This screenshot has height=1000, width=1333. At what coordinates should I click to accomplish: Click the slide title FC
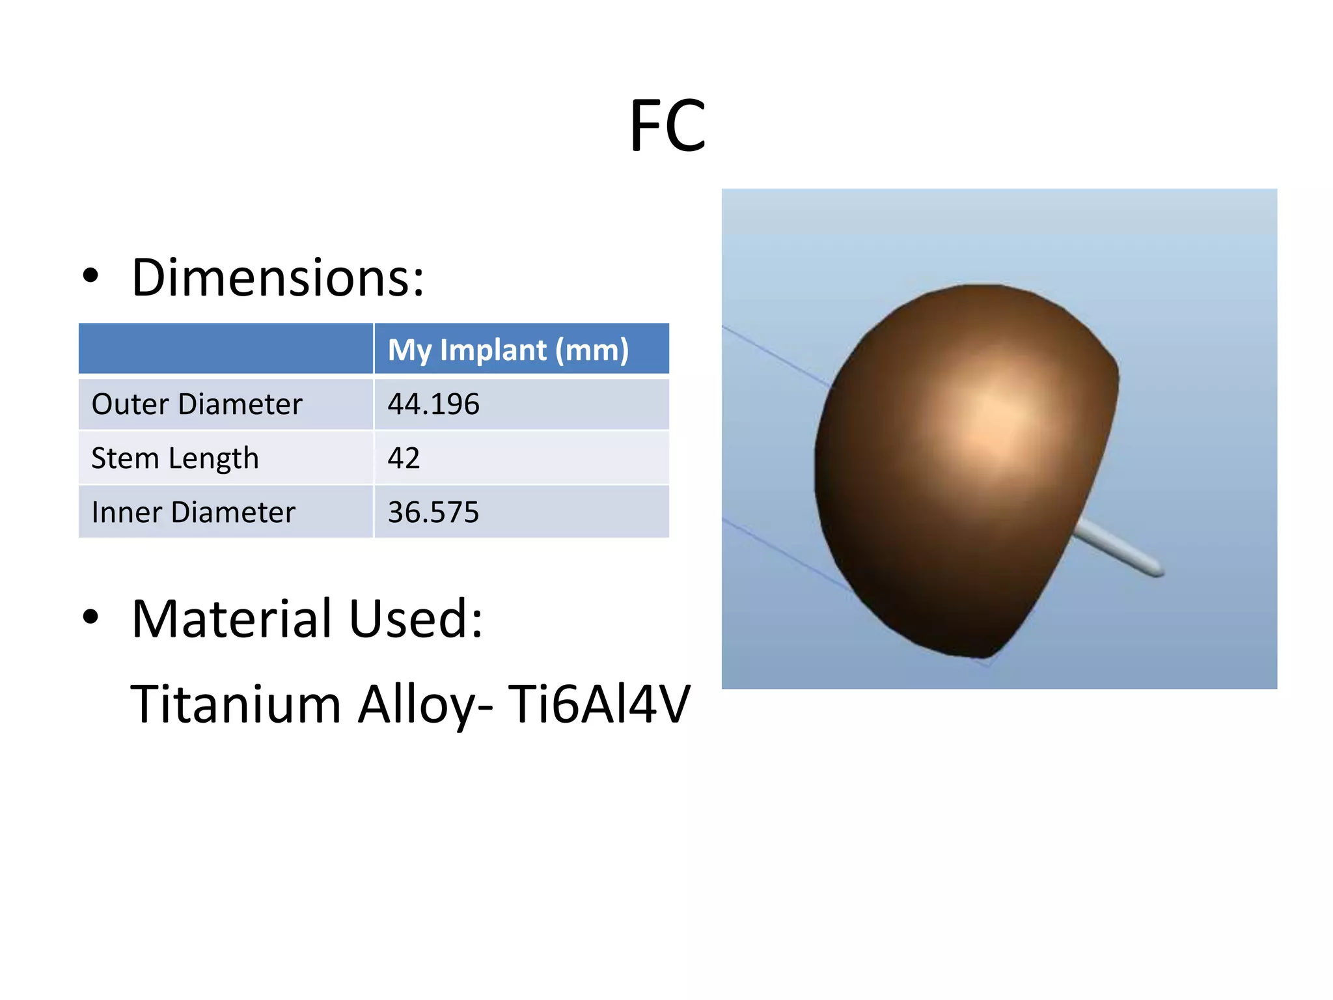[x=667, y=126]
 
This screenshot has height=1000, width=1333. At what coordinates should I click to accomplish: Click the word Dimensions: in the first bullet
[x=278, y=278]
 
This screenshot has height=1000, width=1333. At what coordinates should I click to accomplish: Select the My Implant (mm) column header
[x=508, y=350]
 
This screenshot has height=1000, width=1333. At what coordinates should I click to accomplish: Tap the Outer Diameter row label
[x=197, y=404]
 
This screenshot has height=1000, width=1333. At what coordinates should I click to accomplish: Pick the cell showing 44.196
[x=433, y=404]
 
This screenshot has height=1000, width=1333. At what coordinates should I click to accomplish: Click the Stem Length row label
[x=175, y=458]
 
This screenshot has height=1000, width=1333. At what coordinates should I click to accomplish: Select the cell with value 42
[x=404, y=458]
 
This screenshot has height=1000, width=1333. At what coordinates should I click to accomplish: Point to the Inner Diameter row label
[x=193, y=512]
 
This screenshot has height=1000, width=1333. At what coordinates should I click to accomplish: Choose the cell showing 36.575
[x=433, y=512]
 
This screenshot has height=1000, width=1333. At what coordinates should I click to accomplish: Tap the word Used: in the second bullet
[x=415, y=618]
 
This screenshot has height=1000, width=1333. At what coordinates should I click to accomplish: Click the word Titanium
[x=236, y=704]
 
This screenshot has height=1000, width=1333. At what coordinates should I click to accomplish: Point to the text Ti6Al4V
[x=598, y=704]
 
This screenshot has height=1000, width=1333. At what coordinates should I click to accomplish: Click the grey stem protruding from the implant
[x=1114, y=547]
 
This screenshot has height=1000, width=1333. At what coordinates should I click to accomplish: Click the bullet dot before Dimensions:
[x=90, y=276]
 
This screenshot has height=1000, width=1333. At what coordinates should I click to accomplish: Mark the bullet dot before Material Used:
[x=90, y=617]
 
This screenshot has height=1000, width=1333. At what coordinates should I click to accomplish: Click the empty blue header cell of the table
[x=226, y=349]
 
